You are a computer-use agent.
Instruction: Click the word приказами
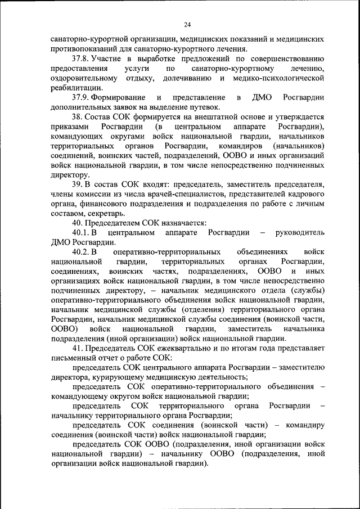coord(70,127)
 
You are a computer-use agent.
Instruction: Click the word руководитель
coord(299,232)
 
